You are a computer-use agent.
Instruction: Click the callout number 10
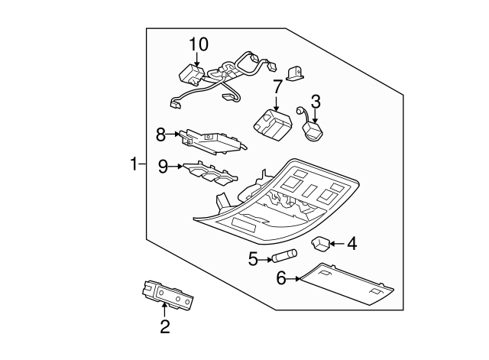[199, 44]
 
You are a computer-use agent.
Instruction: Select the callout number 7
[277, 87]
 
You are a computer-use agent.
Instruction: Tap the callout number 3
[316, 102]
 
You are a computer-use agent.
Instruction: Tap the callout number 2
[165, 326]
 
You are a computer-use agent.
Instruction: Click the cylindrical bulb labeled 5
[284, 255]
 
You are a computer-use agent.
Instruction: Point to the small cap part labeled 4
[320, 243]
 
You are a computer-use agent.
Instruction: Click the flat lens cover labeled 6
[346, 284]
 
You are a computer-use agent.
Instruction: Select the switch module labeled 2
[167, 294]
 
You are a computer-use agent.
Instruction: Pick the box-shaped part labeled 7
[272, 122]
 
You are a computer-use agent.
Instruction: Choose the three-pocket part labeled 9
[210, 174]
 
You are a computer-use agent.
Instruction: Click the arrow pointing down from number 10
[197, 60]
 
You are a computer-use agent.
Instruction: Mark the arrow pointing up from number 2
[164, 310]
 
